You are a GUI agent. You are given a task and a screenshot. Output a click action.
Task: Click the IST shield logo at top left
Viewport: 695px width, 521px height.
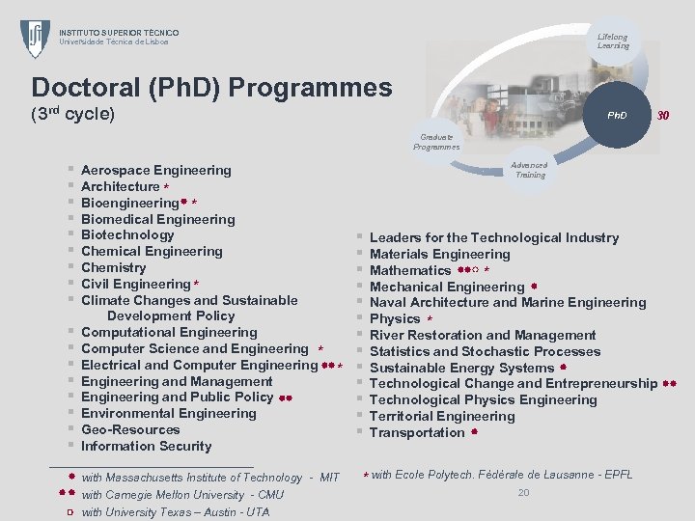point(36,39)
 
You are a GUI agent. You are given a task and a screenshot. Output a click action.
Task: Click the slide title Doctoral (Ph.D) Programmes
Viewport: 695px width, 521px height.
point(211,88)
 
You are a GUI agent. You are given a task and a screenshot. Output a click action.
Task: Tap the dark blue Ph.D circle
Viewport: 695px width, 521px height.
point(616,115)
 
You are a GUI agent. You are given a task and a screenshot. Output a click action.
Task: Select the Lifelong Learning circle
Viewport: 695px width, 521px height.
point(613,41)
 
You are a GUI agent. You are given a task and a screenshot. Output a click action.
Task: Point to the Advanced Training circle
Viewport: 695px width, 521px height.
point(530,170)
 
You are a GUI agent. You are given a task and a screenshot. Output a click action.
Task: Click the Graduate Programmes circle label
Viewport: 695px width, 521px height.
point(436,142)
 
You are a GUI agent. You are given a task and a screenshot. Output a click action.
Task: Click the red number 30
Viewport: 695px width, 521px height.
point(663,115)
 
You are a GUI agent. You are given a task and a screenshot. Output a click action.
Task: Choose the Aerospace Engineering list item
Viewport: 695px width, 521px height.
point(155,170)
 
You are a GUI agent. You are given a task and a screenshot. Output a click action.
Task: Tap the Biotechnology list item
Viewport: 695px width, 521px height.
point(127,234)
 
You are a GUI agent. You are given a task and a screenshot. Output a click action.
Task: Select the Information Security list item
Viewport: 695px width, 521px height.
point(146,446)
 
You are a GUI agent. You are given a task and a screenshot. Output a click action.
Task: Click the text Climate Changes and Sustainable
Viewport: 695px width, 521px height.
point(189,300)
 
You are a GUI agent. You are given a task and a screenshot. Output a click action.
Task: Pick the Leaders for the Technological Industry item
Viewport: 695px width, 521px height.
point(493,237)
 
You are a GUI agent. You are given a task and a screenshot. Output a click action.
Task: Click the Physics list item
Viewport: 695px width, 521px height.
point(395,318)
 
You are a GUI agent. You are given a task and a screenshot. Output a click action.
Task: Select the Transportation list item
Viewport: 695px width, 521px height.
point(417,432)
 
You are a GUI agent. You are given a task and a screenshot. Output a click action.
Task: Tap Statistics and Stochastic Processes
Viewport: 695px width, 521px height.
point(485,351)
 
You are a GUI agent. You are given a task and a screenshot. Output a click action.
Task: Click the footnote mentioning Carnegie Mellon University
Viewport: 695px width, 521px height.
point(182,495)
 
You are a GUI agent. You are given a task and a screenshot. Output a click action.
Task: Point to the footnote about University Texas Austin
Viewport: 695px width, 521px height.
point(175,511)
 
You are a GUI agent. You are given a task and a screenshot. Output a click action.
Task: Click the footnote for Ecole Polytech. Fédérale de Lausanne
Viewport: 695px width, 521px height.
point(501,474)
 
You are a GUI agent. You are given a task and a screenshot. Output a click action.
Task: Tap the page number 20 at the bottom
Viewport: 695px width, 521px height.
point(523,492)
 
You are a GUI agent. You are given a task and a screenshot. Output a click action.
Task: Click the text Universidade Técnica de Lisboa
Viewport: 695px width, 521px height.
point(114,41)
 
